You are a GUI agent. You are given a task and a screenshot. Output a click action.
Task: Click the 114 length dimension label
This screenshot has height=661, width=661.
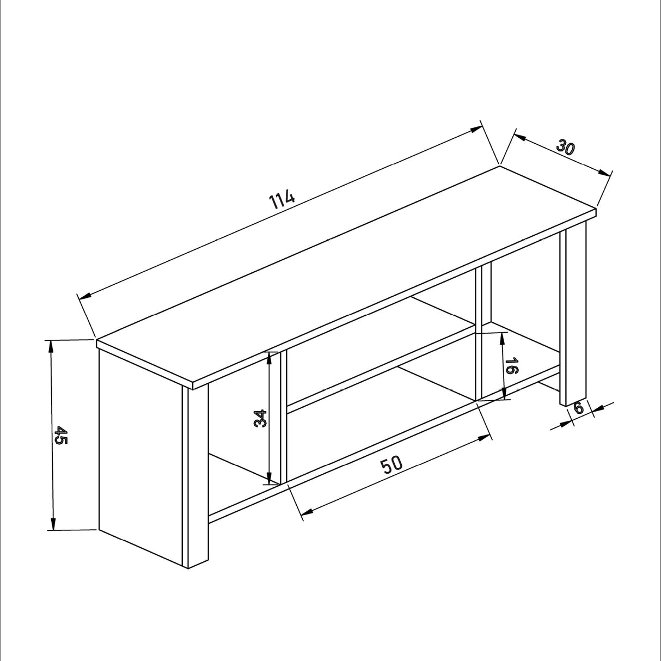click(x=283, y=200)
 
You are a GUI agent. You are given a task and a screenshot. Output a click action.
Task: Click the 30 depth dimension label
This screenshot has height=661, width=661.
click(x=566, y=147)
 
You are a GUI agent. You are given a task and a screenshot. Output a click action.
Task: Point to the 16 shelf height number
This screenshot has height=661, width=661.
click(x=510, y=366)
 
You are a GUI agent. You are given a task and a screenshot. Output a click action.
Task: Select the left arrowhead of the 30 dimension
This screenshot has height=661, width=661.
click(x=519, y=138)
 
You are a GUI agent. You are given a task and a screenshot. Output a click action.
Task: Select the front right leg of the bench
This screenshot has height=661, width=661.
click(x=573, y=316)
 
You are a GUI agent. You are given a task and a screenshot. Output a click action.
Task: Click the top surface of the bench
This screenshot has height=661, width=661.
click(x=348, y=278)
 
